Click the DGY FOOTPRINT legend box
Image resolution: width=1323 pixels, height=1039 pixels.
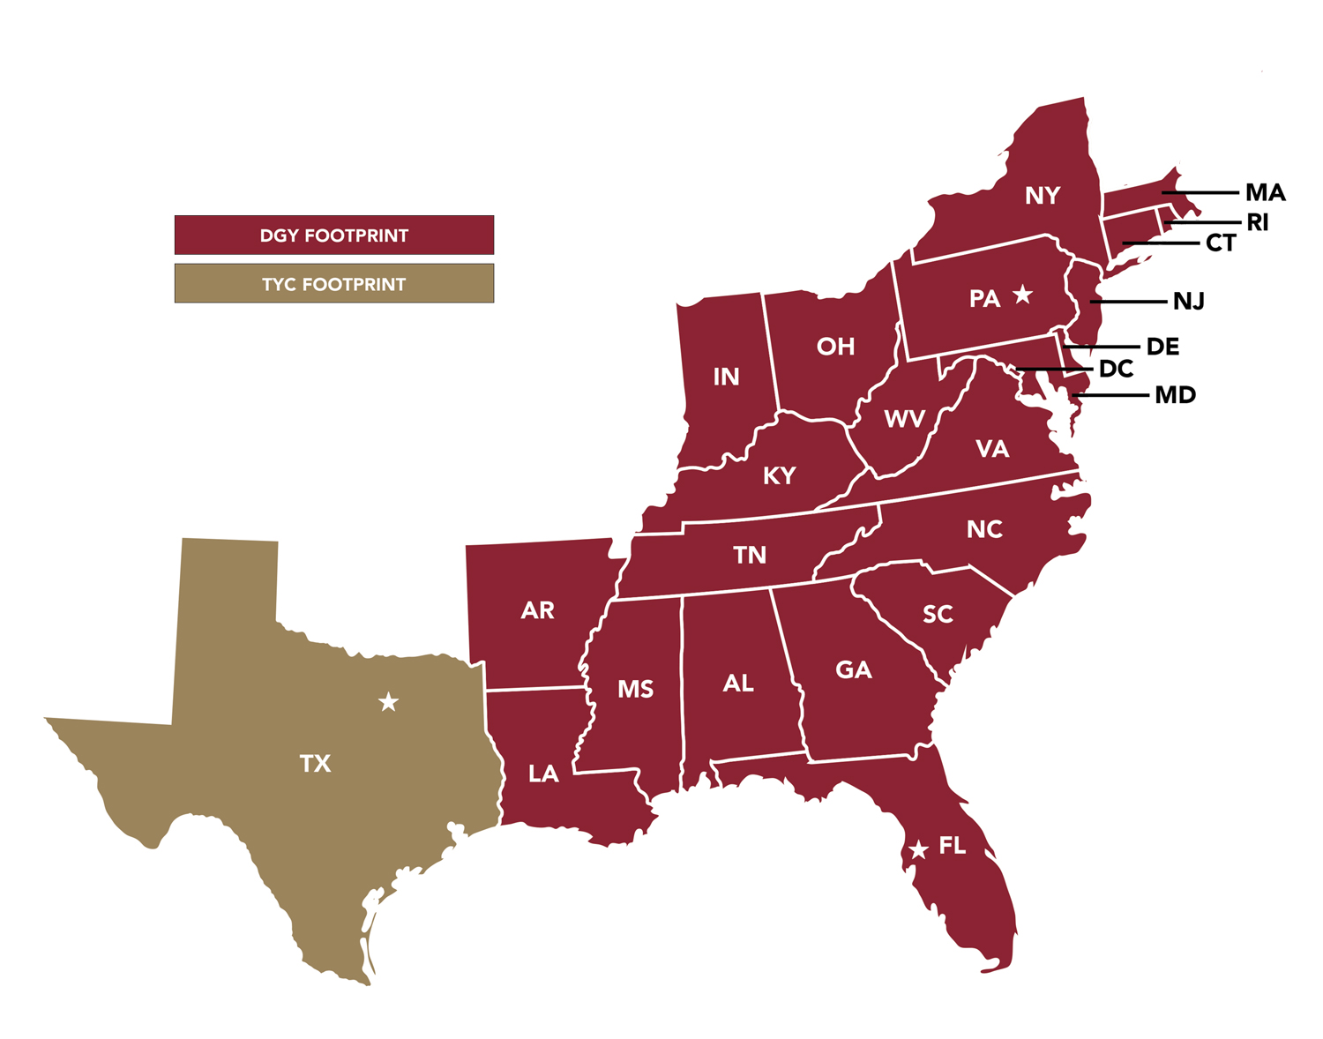tap(333, 235)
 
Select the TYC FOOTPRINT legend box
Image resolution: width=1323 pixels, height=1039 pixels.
tap(333, 284)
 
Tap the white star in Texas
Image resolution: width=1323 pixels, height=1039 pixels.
tap(388, 702)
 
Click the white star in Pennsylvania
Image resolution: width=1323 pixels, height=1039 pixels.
tap(1022, 295)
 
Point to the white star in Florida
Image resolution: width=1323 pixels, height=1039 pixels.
tap(918, 849)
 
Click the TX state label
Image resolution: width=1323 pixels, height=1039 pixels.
tap(315, 763)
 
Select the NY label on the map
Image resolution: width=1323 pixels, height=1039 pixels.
tap(1042, 196)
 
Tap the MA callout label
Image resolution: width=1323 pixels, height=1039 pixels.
tap(1265, 192)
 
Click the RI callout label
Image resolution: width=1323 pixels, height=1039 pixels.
tap(1257, 223)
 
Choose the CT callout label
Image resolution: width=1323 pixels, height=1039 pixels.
tap(1221, 243)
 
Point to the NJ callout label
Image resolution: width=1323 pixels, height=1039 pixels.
tap(1188, 302)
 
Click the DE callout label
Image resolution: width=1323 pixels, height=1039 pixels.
tap(1162, 347)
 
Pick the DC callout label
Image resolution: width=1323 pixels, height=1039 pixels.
tap(1116, 369)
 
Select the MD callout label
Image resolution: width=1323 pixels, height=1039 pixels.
tap(1175, 395)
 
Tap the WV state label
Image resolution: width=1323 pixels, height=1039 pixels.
tap(904, 419)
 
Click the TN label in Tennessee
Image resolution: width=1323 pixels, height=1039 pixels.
tap(750, 555)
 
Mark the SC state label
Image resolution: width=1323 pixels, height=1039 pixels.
tap(938, 614)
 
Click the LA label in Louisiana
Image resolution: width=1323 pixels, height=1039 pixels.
tap(543, 774)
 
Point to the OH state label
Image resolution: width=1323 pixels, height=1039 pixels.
tap(835, 347)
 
